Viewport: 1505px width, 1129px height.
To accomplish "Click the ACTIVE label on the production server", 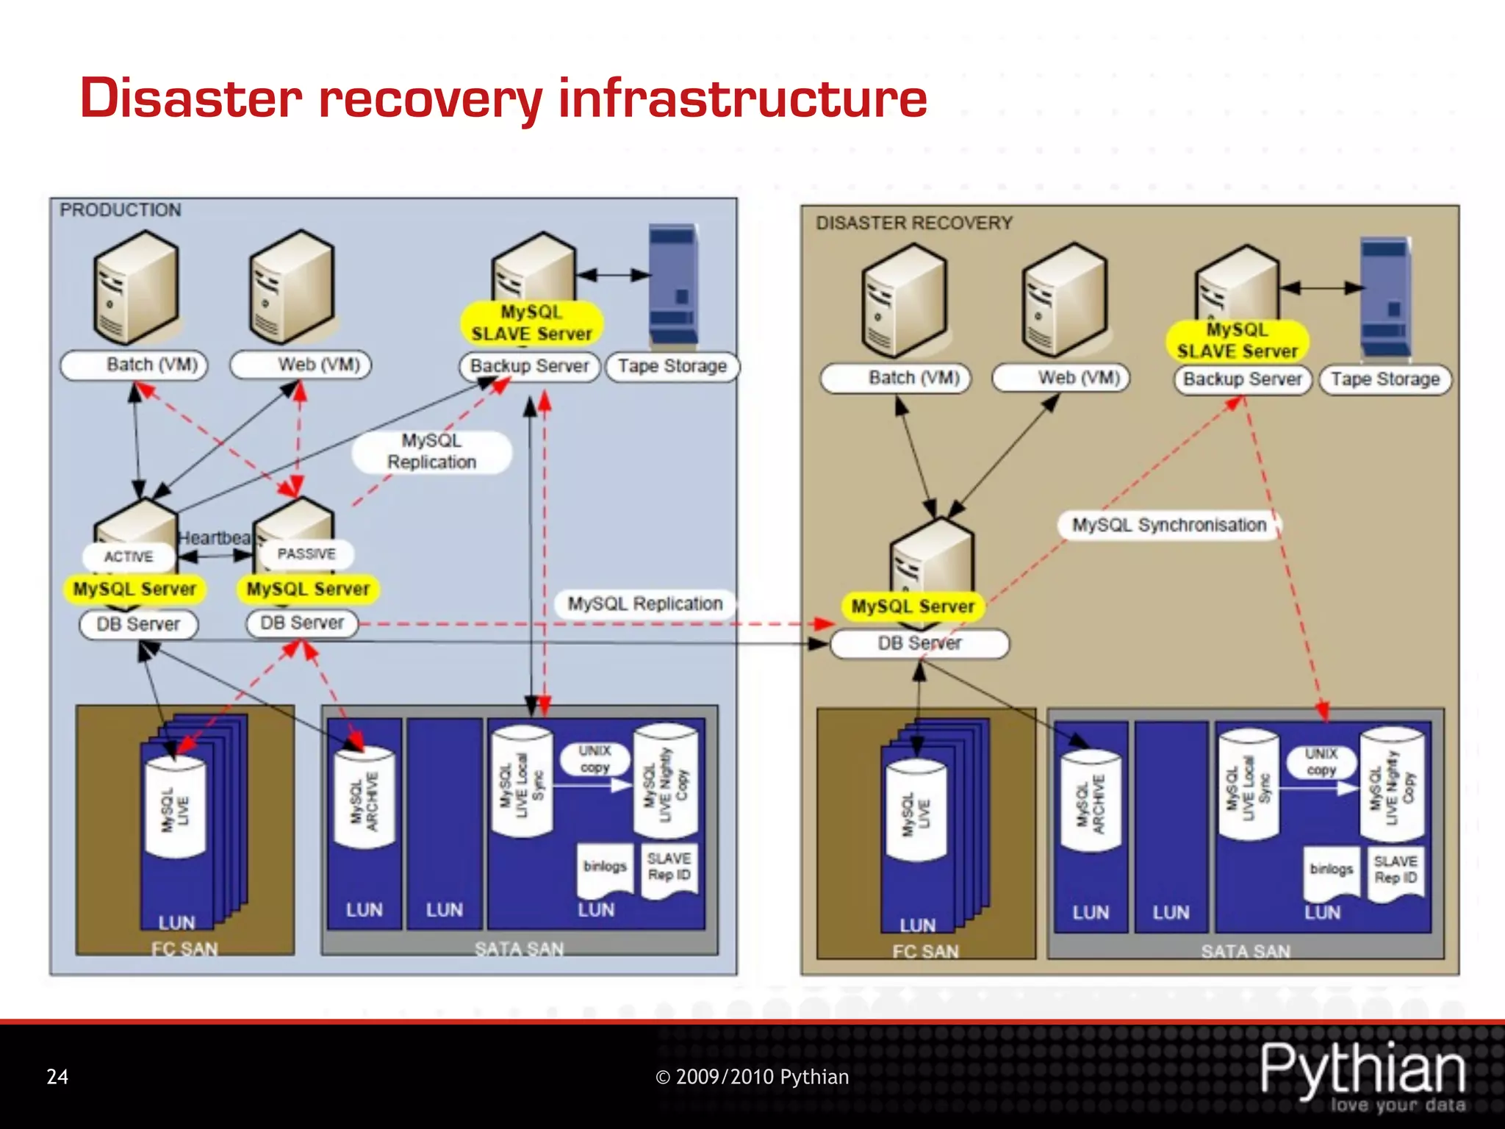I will point(129,556).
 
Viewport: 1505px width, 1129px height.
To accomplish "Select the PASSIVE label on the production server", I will point(306,553).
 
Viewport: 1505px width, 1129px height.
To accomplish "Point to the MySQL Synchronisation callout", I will point(1168,525).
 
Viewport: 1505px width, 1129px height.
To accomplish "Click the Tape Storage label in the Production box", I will point(672,366).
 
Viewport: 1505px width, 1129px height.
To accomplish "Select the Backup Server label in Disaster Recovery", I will point(1242,379).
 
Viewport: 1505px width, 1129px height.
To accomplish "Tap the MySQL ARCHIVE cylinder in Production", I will point(364,799).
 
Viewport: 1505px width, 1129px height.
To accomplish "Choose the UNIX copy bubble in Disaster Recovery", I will point(1321,762).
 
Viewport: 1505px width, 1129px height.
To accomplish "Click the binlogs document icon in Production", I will point(605,869).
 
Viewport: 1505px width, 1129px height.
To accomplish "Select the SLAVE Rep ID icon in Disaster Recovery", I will point(1396,870).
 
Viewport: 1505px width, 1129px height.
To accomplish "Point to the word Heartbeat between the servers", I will point(215,538).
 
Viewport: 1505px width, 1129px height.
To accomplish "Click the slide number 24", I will point(57,1077).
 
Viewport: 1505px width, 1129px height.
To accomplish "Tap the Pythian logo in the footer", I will point(1363,1075).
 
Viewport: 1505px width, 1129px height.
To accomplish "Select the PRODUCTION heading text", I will point(121,210).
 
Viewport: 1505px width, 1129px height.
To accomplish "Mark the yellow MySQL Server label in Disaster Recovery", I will point(912,606).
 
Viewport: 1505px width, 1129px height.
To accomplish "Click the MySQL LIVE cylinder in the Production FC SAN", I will point(175,809).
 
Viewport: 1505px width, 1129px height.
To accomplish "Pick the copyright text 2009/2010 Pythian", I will point(752,1077).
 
